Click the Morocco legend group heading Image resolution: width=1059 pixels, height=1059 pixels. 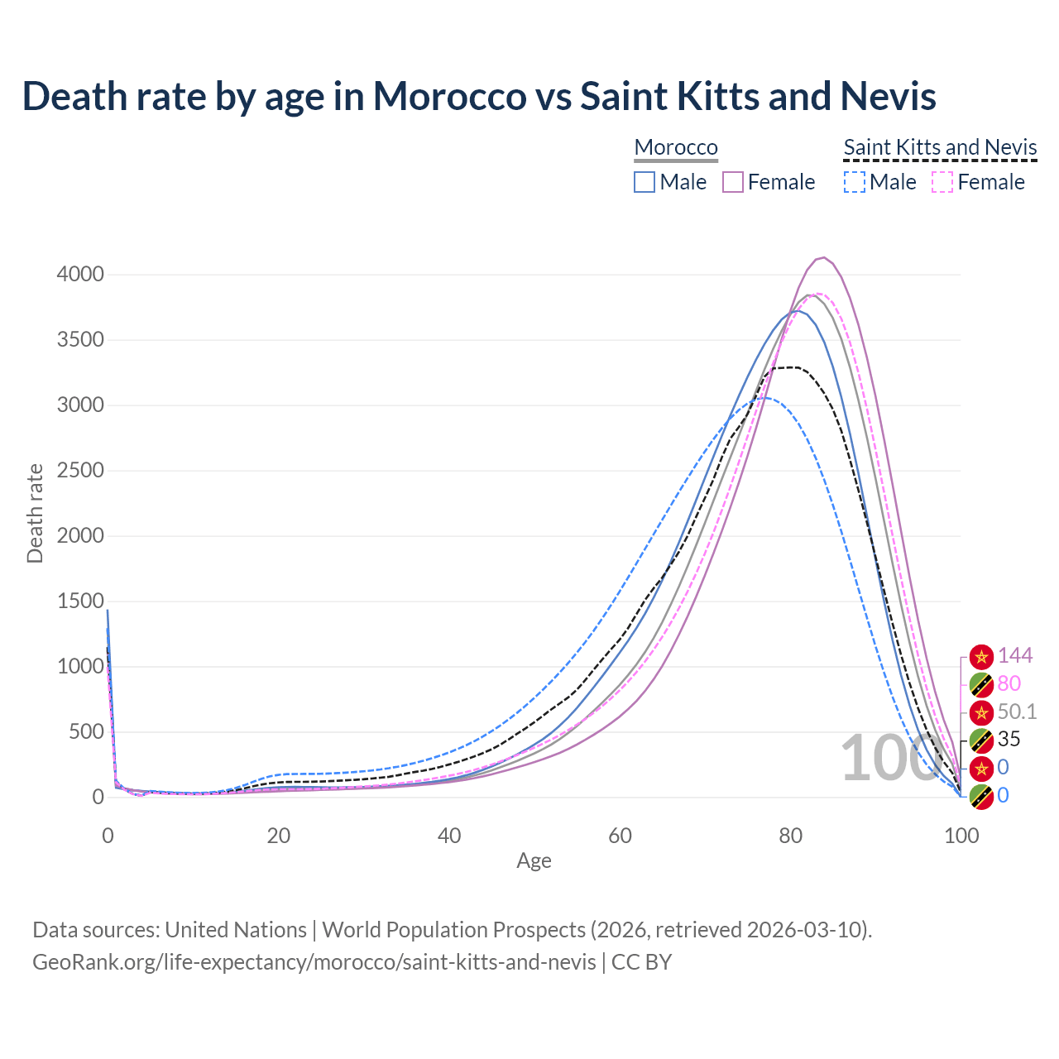676,147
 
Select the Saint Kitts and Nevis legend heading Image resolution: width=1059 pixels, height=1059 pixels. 940,147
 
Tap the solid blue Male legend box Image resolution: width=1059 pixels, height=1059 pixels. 645,182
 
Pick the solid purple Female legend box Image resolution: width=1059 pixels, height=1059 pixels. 733,182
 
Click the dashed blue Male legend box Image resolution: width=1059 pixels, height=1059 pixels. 855,182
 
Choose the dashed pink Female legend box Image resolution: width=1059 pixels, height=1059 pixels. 943,182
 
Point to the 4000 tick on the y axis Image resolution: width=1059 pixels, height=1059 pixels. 80,274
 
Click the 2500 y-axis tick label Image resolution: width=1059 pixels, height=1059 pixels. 80,470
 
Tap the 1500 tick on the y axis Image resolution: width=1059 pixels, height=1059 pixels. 80,601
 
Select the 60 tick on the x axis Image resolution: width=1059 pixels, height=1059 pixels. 620,836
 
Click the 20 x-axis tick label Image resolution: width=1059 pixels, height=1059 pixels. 278,836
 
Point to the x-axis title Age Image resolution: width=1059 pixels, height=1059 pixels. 534,860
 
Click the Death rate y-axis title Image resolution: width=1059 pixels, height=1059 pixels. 35,513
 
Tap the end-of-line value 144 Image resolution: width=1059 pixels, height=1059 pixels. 1014,655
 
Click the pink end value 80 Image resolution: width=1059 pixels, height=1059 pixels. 1009,683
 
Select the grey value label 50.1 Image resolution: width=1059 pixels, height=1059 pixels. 1017,712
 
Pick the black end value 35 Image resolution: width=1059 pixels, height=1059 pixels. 1009,739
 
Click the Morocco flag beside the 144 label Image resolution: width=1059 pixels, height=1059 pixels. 981,656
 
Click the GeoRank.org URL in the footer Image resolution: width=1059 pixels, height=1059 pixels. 314,962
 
